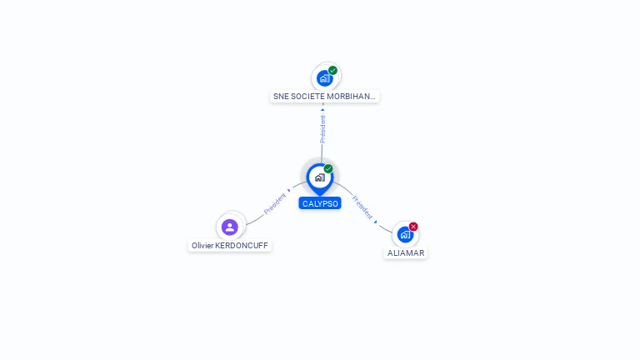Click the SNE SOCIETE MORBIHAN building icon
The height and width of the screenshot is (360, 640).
(324, 78)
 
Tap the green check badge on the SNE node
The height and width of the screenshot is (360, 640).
(332, 70)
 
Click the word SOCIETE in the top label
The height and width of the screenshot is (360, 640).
(307, 97)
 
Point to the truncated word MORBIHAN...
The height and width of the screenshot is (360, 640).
(352, 97)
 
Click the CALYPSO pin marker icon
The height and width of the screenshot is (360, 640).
(319, 177)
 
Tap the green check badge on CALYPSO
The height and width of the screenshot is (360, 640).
(328, 168)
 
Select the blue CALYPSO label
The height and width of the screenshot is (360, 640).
(320, 203)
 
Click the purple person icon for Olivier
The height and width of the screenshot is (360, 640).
(230, 227)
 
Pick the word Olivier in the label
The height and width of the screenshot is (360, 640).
(202, 246)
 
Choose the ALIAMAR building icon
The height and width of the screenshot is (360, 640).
(405, 234)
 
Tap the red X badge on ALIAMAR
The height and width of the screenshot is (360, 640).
(413, 227)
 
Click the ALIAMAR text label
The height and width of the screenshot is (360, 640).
(406, 252)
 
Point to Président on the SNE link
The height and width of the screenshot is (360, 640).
(322, 128)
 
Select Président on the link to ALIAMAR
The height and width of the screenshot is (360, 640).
(362, 207)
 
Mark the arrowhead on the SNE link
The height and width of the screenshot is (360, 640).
(322, 109)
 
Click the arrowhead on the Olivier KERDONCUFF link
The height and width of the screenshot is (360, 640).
(289, 192)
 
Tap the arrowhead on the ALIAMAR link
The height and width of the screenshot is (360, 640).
(376, 222)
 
